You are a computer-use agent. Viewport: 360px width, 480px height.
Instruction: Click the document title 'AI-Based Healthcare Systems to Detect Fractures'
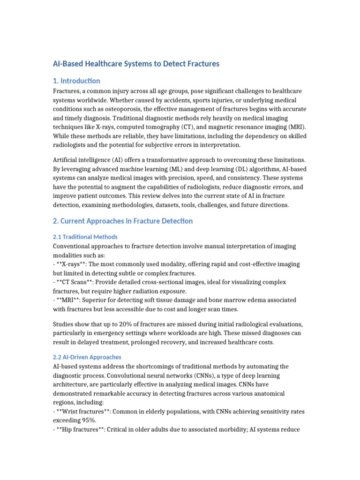pos(136,63)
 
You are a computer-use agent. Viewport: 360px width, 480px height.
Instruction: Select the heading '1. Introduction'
pos(76,81)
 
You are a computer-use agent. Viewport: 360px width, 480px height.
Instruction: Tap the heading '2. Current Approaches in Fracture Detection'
pos(122,221)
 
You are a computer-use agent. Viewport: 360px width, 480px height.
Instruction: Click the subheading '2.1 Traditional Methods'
pos(85,237)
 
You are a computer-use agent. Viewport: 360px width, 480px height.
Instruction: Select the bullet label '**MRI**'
pos(70,301)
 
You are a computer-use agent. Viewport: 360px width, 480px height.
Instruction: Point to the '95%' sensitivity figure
pos(89,420)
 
